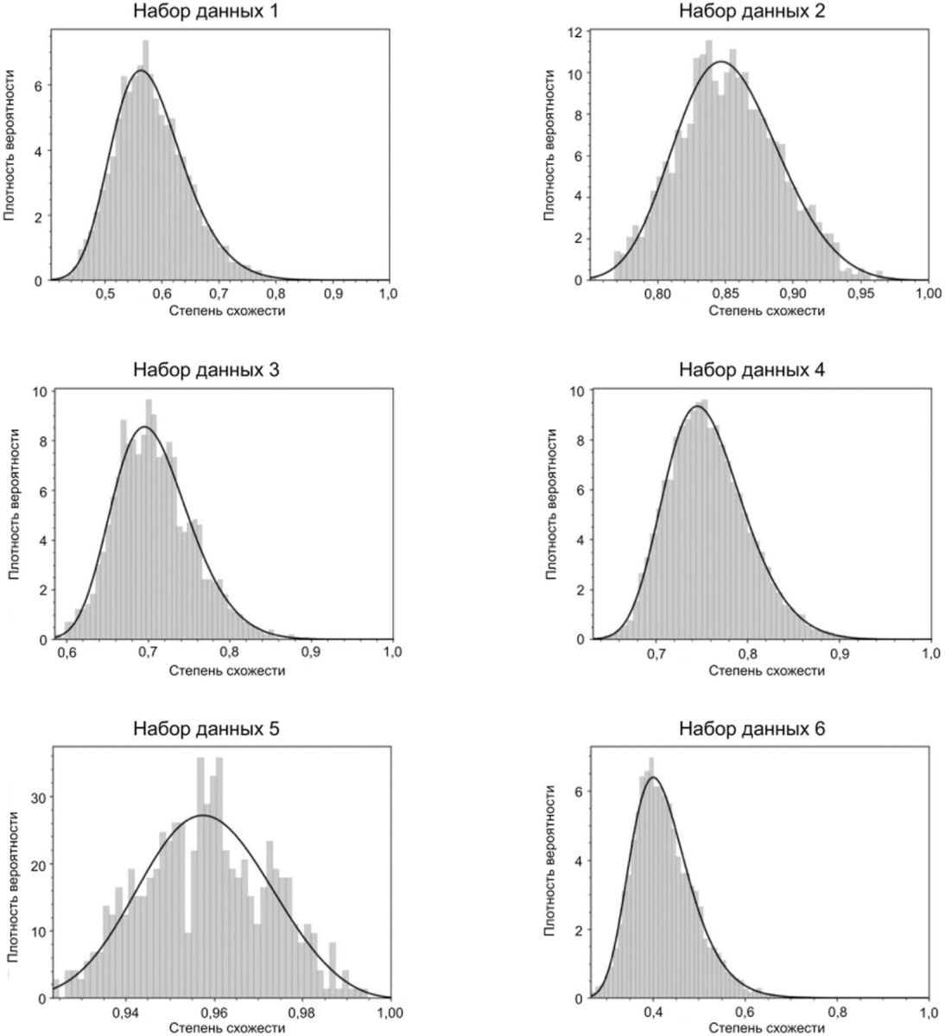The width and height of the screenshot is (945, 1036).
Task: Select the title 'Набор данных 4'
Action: click(751, 371)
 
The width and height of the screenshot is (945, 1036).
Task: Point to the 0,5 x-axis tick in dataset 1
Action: click(105, 295)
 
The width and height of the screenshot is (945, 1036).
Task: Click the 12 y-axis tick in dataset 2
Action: click(574, 32)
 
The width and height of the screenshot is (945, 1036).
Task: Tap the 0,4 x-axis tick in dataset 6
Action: click(654, 1013)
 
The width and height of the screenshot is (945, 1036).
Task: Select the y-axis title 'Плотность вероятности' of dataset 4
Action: click(550, 515)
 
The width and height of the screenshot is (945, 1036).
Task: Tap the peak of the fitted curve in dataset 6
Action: click(653, 778)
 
